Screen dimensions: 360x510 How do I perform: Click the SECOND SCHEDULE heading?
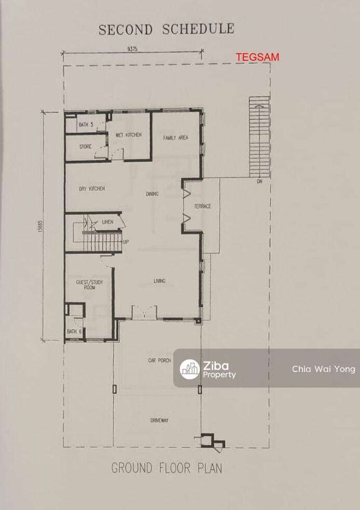[x=167, y=29]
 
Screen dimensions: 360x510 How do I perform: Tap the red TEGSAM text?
[x=258, y=57]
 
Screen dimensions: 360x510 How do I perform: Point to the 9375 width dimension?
[x=132, y=49]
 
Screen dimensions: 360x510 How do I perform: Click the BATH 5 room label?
[x=86, y=125]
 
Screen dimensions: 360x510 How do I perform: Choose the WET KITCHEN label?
[x=129, y=135]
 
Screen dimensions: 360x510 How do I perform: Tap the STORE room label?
[x=85, y=147]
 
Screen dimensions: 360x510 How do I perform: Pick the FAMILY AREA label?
[x=176, y=138]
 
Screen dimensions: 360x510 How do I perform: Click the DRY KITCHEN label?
[x=92, y=189]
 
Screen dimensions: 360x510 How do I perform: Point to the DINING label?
[x=152, y=194]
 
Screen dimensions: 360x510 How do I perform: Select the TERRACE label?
[x=203, y=206]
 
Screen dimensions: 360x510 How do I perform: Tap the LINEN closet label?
[x=108, y=222]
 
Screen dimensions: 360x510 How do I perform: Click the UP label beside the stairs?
[x=126, y=242]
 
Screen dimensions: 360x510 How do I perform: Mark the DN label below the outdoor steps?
[x=259, y=182]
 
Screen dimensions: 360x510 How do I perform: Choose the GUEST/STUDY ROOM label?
[x=89, y=285]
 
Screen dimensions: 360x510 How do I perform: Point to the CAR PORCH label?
[x=159, y=361]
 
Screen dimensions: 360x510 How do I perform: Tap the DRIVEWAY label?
[x=159, y=421]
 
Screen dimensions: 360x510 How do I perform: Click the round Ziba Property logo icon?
[x=190, y=369]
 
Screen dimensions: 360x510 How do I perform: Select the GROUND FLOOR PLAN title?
[x=167, y=468]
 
